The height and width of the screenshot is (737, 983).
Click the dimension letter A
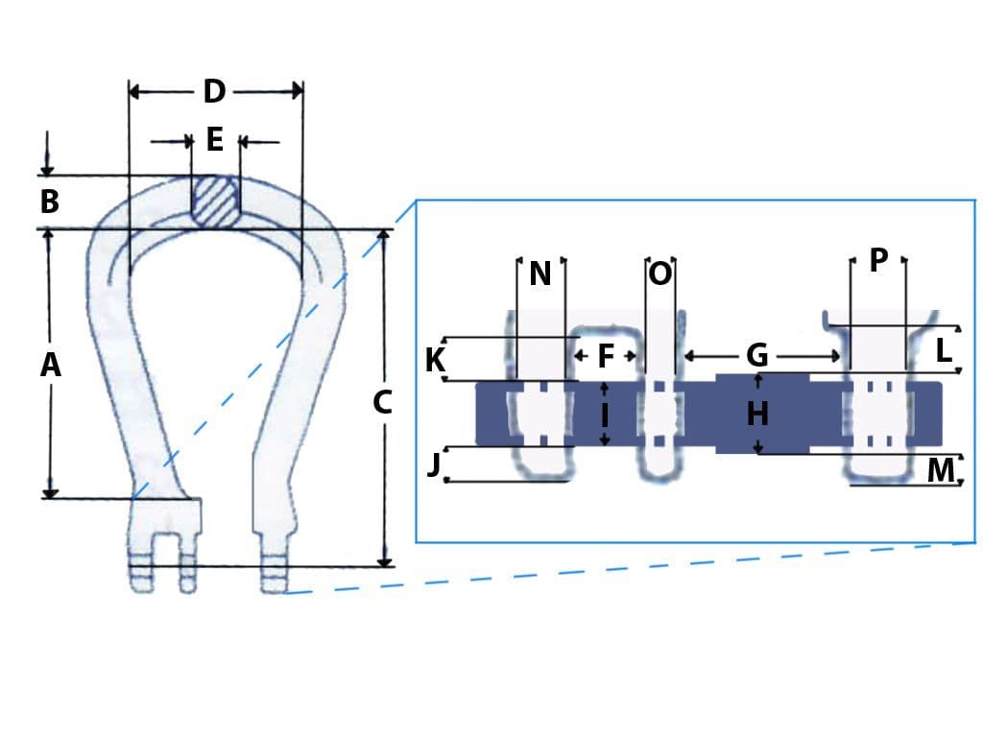pyautogui.click(x=50, y=366)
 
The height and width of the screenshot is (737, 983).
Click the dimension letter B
pyautogui.click(x=50, y=202)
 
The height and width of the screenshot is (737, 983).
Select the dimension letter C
pyautogui.click(x=382, y=403)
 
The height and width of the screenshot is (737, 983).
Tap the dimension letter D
pyautogui.click(x=214, y=92)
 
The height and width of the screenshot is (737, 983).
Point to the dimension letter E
pyautogui.click(x=215, y=141)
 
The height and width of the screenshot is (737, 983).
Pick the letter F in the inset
pyautogui.click(x=606, y=356)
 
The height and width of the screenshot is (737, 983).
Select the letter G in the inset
pyautogui.click(x=757, y=356)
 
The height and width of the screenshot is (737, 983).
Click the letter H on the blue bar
pyautogui.click(x=757, y=415)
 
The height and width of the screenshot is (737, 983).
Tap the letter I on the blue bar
pyautogui.click(x=605, y=415)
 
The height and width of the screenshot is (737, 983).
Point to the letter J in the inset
pyautogui.click(x=434, y=464)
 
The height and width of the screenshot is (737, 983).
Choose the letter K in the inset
pyautogui.click(x=435, y=361)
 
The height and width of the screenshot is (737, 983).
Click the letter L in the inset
pyautogui.click(x=945, y=351)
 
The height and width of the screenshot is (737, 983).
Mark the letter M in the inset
pyautogui.click(x=941, y=471)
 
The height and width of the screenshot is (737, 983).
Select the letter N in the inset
pyautogui.click(x=540, y=274)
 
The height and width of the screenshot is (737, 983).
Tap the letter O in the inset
pyautogui.click(x=660, y=274)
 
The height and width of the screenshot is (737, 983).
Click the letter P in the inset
pyautogui.click(x=877, y=260)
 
